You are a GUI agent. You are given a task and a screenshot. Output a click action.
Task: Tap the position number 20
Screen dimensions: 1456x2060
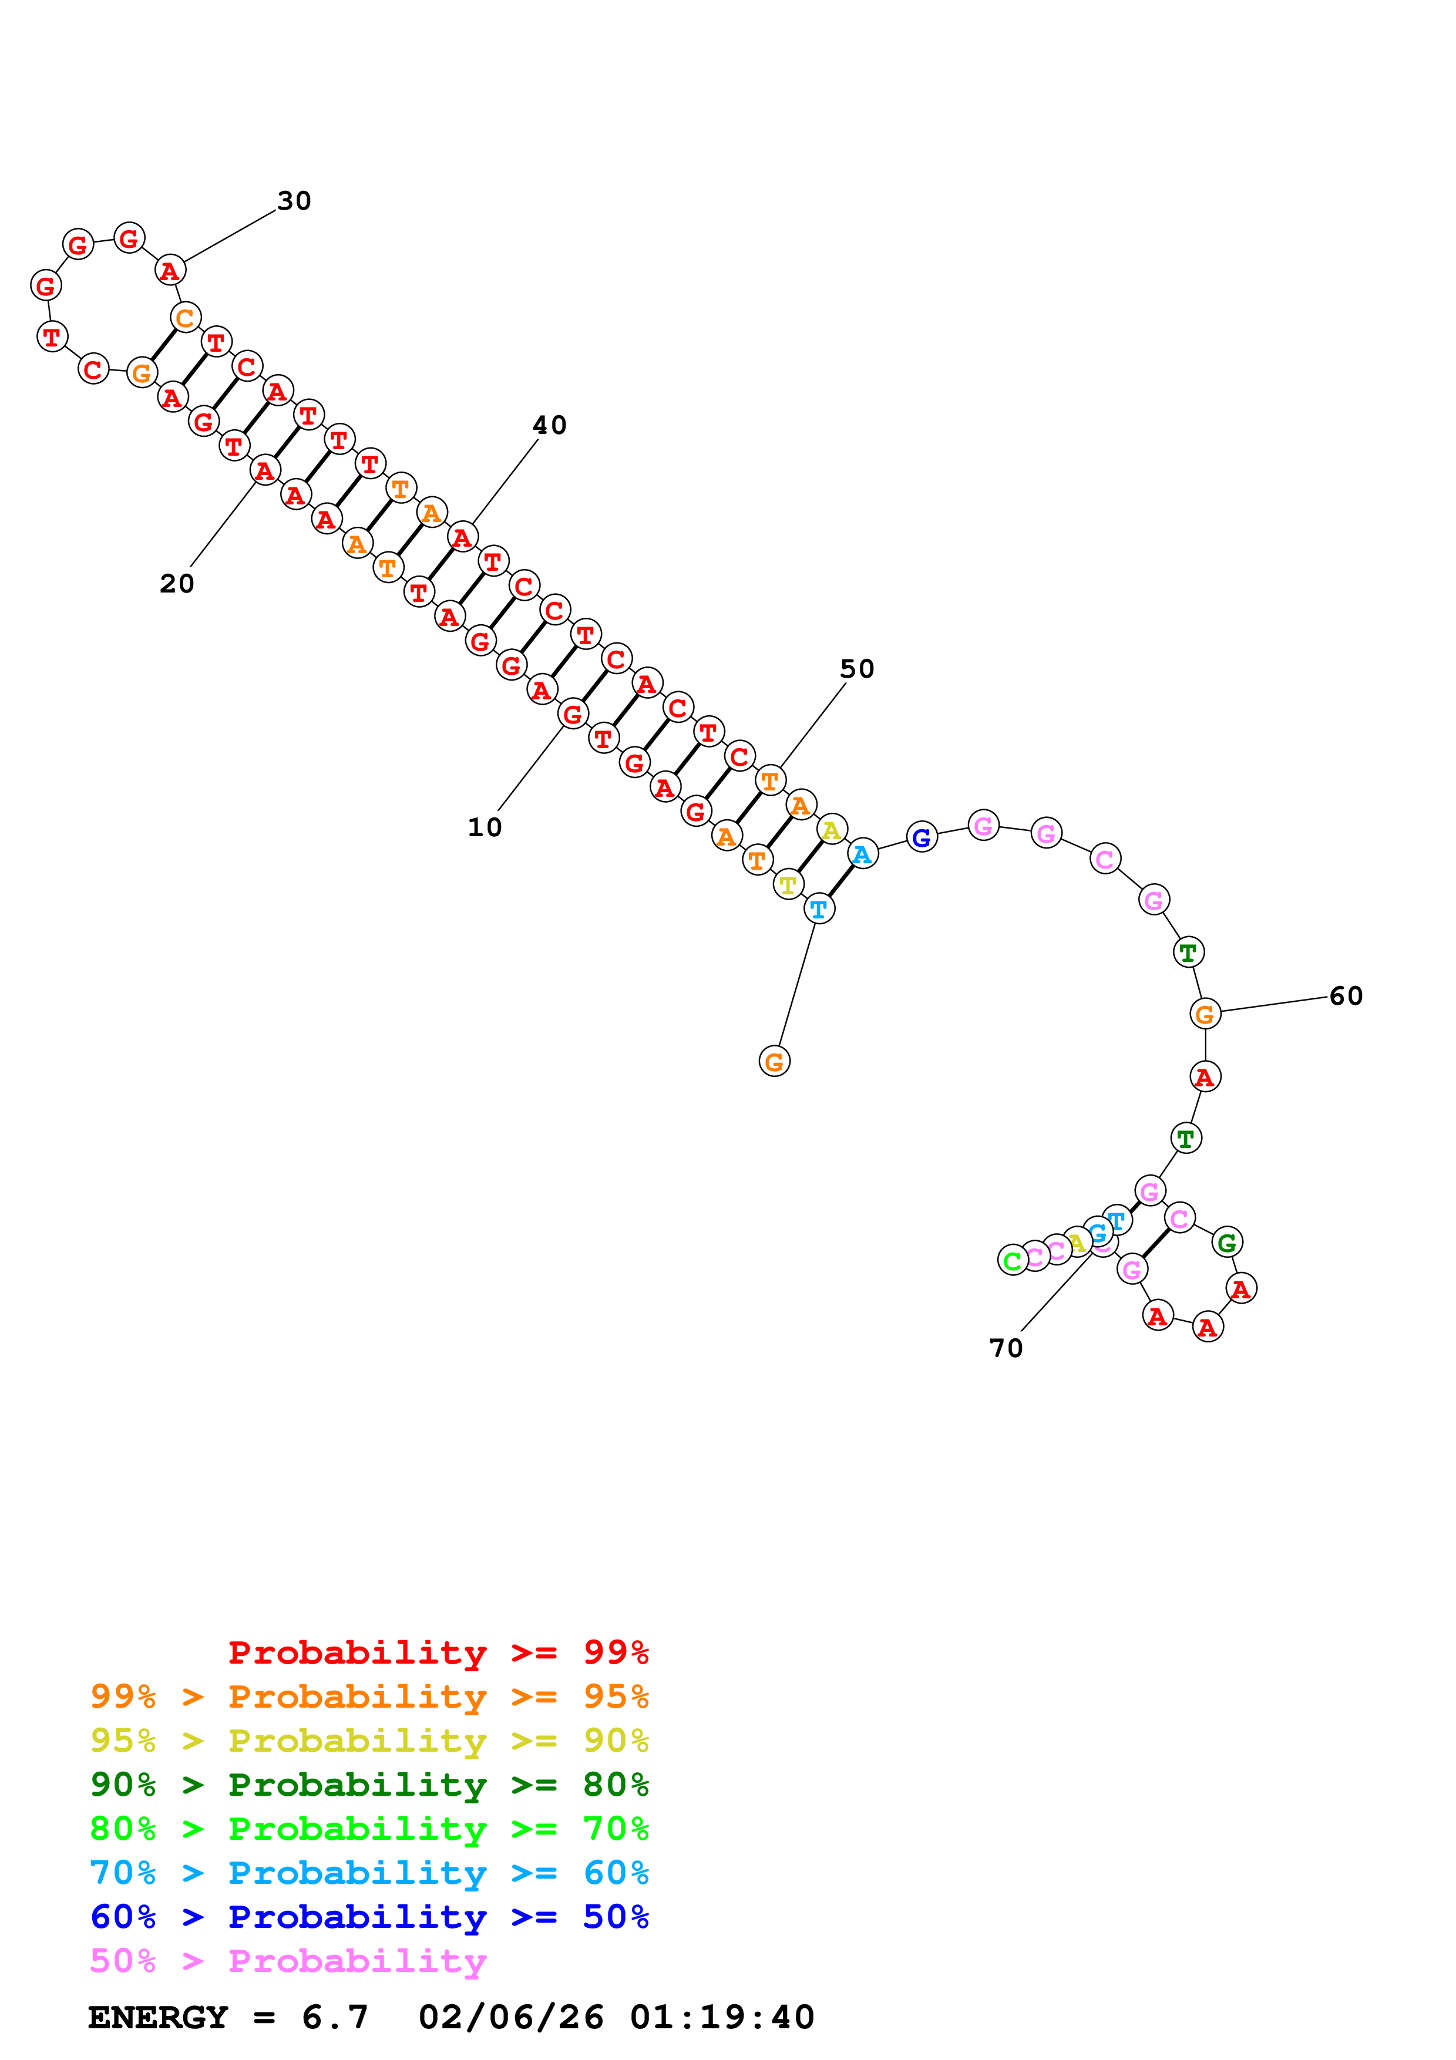[177, 584]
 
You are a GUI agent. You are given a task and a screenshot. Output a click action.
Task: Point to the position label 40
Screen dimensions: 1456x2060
[549, 425]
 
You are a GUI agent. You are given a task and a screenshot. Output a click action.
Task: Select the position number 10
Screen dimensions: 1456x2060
[485, 827]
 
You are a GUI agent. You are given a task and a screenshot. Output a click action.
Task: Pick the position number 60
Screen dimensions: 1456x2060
[1346, 996]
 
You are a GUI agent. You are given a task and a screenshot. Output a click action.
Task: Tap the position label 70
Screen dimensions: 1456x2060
[1006, 1348]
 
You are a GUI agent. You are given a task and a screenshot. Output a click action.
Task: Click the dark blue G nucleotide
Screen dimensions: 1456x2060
[922, 838]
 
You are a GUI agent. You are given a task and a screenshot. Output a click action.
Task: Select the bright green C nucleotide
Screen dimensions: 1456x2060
[1012, 1261]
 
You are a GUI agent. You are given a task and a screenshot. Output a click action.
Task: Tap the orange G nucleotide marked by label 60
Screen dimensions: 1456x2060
[1205, 1014]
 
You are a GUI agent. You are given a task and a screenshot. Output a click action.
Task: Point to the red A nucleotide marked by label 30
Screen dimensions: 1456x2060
[170, 270]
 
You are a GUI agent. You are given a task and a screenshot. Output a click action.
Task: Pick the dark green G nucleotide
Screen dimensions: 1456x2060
[1226, 1243]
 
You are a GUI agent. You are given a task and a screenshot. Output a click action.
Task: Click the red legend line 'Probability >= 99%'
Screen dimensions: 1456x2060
[438, 1652]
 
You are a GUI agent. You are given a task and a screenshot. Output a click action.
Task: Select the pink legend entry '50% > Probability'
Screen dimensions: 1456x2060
[288, 1961]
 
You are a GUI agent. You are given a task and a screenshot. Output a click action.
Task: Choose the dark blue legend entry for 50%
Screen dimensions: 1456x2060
[369, 1917]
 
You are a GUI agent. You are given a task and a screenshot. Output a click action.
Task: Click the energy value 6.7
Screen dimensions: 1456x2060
[335, 2018]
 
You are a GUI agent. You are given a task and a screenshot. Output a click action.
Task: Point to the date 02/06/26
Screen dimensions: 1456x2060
[510, 2018]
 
